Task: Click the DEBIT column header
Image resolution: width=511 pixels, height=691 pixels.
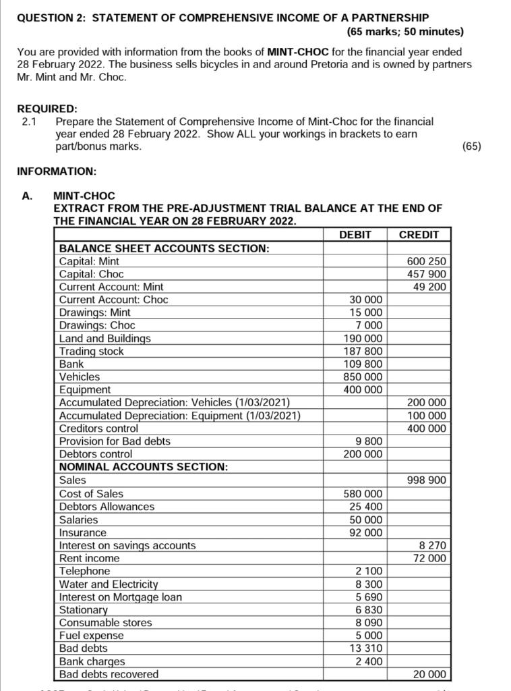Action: (355, 235)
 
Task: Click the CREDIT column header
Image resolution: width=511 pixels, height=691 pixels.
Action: (419, 235)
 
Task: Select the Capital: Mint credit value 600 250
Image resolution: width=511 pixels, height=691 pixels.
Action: (426, 261)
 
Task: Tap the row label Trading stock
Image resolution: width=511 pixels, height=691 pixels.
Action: (92, 351)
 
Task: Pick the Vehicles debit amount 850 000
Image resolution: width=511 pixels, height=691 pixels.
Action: (365, 377)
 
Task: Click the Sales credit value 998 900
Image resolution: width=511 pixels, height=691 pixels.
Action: (426, 480)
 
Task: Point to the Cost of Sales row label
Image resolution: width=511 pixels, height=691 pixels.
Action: (91, 494)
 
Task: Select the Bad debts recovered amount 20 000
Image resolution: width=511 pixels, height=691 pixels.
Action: (429, 674)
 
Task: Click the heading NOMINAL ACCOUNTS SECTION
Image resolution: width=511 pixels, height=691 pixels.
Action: (143, 467)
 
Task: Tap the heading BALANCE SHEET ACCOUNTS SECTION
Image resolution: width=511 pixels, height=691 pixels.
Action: (164, 248)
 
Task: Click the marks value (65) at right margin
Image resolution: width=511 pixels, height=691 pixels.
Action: (471, 146)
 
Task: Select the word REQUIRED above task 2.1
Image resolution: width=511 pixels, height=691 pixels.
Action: (47, 109)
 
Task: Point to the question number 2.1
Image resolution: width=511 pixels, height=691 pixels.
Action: (30, 121)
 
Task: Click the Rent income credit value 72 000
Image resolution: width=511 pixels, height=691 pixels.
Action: (429, 558)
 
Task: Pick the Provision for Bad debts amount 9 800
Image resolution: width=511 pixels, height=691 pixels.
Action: (369, 441)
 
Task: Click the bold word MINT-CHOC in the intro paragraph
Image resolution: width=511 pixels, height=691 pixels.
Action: (299, 51)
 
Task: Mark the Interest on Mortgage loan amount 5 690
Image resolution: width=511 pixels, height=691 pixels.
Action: (369, 597)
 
